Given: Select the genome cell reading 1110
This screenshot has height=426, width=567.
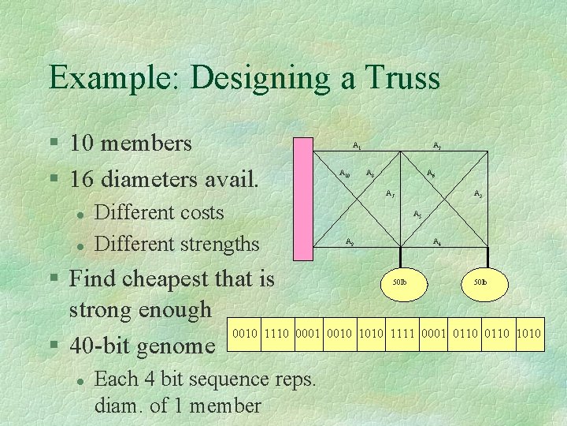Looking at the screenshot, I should [x=277, y=334].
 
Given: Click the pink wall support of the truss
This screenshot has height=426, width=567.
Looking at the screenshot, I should [x=302, y=198].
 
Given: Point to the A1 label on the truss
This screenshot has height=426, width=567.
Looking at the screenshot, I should [x=358, y=145].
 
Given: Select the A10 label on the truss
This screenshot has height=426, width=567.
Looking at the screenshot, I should [x=344, y=172].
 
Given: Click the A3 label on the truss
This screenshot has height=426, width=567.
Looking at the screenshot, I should [x=477, y=193].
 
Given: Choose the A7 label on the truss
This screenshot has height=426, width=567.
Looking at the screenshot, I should [x=390, y=193].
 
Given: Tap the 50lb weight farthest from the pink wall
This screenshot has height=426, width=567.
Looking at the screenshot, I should [x=479, y=282].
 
